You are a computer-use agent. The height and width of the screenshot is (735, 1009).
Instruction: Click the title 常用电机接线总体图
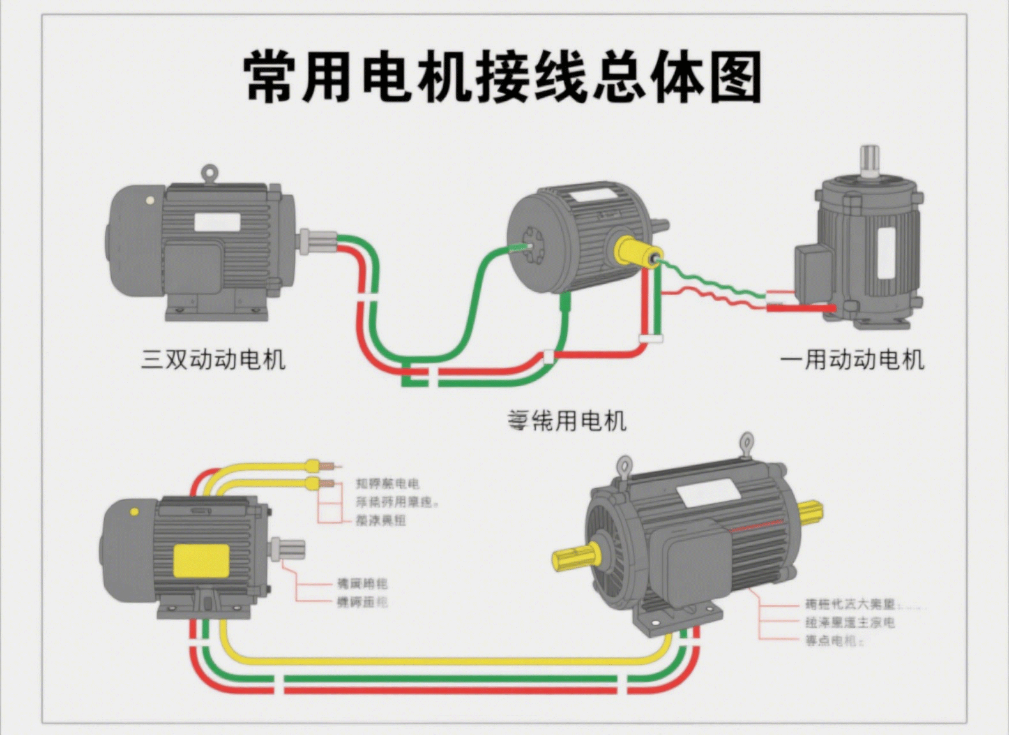(x=503, y=77)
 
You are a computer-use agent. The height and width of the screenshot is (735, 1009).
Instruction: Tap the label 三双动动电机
(x=213, y=359)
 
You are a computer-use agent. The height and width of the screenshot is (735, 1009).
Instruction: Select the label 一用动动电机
(x=852, y=360)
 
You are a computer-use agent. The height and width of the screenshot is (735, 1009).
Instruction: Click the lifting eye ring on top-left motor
(x=209, y=172)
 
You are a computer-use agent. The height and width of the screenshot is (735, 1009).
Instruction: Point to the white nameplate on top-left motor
(x=217, y=222)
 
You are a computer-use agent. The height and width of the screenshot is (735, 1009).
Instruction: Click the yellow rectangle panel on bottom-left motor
(x=201, y=560)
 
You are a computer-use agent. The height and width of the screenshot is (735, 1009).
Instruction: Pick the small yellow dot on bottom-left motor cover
(x=134, y=512)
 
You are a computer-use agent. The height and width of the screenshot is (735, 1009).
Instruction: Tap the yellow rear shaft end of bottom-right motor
(x=810, y=510)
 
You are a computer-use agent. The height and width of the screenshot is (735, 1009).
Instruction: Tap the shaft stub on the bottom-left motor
(x=288, y=549)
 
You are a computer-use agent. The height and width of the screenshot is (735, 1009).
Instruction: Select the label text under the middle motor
(x=567, y=420)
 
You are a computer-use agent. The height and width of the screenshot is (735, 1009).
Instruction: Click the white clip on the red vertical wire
(x=651, y=338)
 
